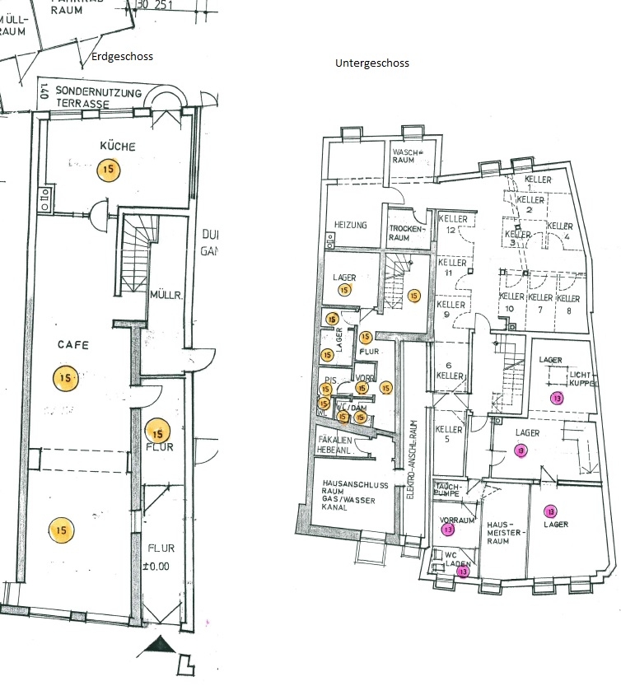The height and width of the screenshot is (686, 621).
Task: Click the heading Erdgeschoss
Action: pos(124,56)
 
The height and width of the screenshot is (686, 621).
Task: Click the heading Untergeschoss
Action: pos(372,63)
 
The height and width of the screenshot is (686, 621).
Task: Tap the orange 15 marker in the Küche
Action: pos(107,170)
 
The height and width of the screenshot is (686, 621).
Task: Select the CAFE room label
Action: pos(72,345)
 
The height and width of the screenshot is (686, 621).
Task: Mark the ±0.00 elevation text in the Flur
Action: pos(161,567)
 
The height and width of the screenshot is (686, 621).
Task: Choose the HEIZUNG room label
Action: pos(350,225)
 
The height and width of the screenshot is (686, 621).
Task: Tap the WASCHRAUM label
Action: pos(407,156)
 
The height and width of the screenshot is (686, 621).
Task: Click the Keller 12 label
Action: pos(452,224)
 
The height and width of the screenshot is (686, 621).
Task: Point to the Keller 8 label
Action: pos(568,302)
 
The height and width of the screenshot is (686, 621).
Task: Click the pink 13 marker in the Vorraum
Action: pos(447,530)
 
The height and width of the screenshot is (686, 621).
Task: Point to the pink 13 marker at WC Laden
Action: pos(463,571)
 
